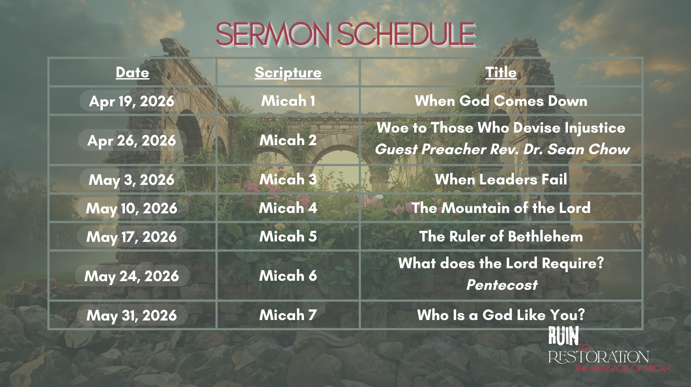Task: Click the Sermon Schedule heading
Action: [x=345, y=34]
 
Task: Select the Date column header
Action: [x=132, y=72]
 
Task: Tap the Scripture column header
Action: [x=288, y=72]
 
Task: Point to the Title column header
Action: [x=501, y=72]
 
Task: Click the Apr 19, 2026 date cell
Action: [x=132, y=101]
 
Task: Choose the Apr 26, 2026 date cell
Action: [x=132, y=140]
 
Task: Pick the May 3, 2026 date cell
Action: [x=132, y=180]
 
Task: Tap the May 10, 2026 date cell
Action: [x=132, y=208]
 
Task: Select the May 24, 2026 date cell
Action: [x=132, y=276]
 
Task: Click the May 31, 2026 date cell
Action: [x=132, y=315]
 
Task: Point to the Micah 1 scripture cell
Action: [x=288, y=101]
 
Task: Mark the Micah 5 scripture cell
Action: [x=288, y=237]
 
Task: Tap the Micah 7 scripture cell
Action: [x=288, y=315]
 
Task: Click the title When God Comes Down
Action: [x=501, y=101]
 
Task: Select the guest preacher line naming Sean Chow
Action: [x=502, y=149]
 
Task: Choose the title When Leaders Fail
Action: [x=501, y=180]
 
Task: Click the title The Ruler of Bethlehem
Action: [x=501, y=237]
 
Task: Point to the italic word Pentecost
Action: [x=502, y=285]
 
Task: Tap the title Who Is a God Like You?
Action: [x=501, y=315]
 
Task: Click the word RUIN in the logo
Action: [x=564, y=336]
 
